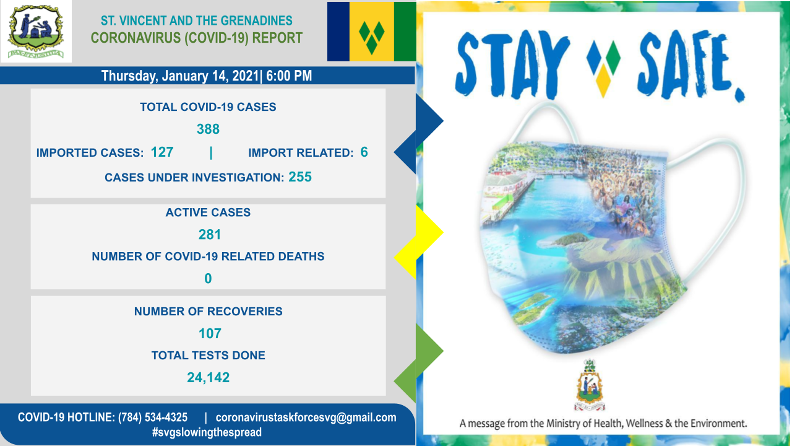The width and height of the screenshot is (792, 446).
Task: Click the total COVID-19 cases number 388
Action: tap(208, 129)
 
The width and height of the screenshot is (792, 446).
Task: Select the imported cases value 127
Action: tap(162, 152)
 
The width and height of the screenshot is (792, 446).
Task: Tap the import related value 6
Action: tap(364, 152)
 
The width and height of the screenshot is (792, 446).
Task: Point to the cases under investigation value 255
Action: tap(300, 177)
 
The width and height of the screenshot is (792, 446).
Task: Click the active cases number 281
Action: tap(209, 235)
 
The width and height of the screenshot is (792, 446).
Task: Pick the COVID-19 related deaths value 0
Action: tap(208, 279)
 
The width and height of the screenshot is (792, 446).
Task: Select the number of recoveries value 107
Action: tap(210, 333)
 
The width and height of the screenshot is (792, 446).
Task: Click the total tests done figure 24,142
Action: tap(209, 378)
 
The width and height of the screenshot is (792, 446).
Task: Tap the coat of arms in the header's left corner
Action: tap(36, 32)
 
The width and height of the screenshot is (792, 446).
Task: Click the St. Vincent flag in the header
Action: tap(371, 32)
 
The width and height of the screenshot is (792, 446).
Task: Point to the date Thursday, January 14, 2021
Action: tap(180, 76)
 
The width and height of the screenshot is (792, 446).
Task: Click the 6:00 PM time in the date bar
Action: tap(289, 76)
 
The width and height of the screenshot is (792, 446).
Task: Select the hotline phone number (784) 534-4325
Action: tap(153, 418)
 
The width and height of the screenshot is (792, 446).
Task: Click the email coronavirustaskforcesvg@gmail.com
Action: tap(306, 418)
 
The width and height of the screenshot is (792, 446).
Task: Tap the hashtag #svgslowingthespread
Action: tap(207, 432)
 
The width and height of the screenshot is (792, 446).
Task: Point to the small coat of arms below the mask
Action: tap(590, 385)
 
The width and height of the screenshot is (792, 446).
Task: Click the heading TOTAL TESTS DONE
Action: tap(209, 356)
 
